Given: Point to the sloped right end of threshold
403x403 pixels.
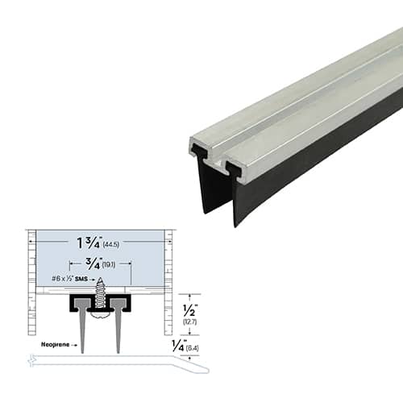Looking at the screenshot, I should tap(197, 367).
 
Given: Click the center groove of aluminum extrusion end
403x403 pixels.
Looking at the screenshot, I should tap(219, 161).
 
